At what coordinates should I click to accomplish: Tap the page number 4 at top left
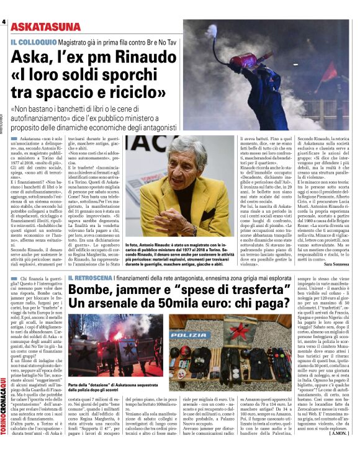tap(4, 22)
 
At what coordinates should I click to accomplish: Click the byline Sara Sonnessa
tap(336, 263)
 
